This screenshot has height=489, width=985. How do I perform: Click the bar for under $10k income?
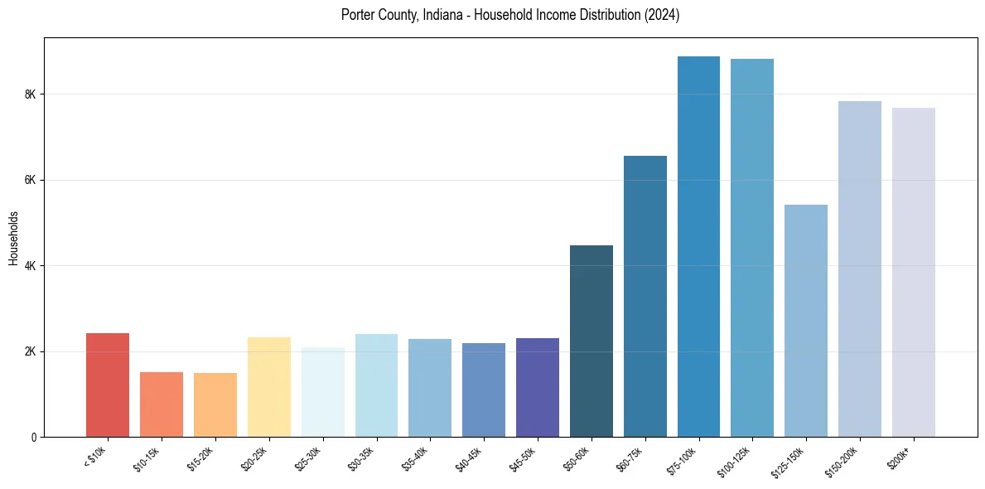click(108, 385)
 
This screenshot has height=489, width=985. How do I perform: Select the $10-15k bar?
click(162, 404)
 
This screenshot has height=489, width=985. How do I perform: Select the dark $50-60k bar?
click(591, 341)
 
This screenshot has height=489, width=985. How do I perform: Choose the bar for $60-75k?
click(645, 297)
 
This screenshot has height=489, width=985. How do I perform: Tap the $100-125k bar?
click(752, 248)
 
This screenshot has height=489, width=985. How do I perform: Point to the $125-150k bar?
click(805, 321)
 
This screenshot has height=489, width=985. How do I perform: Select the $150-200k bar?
click(859, 269)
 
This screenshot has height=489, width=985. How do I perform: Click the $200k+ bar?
click(913, 273)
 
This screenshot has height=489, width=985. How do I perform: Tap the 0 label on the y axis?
click(34, 437)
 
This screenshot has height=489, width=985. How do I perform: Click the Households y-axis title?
click(13, 239)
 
